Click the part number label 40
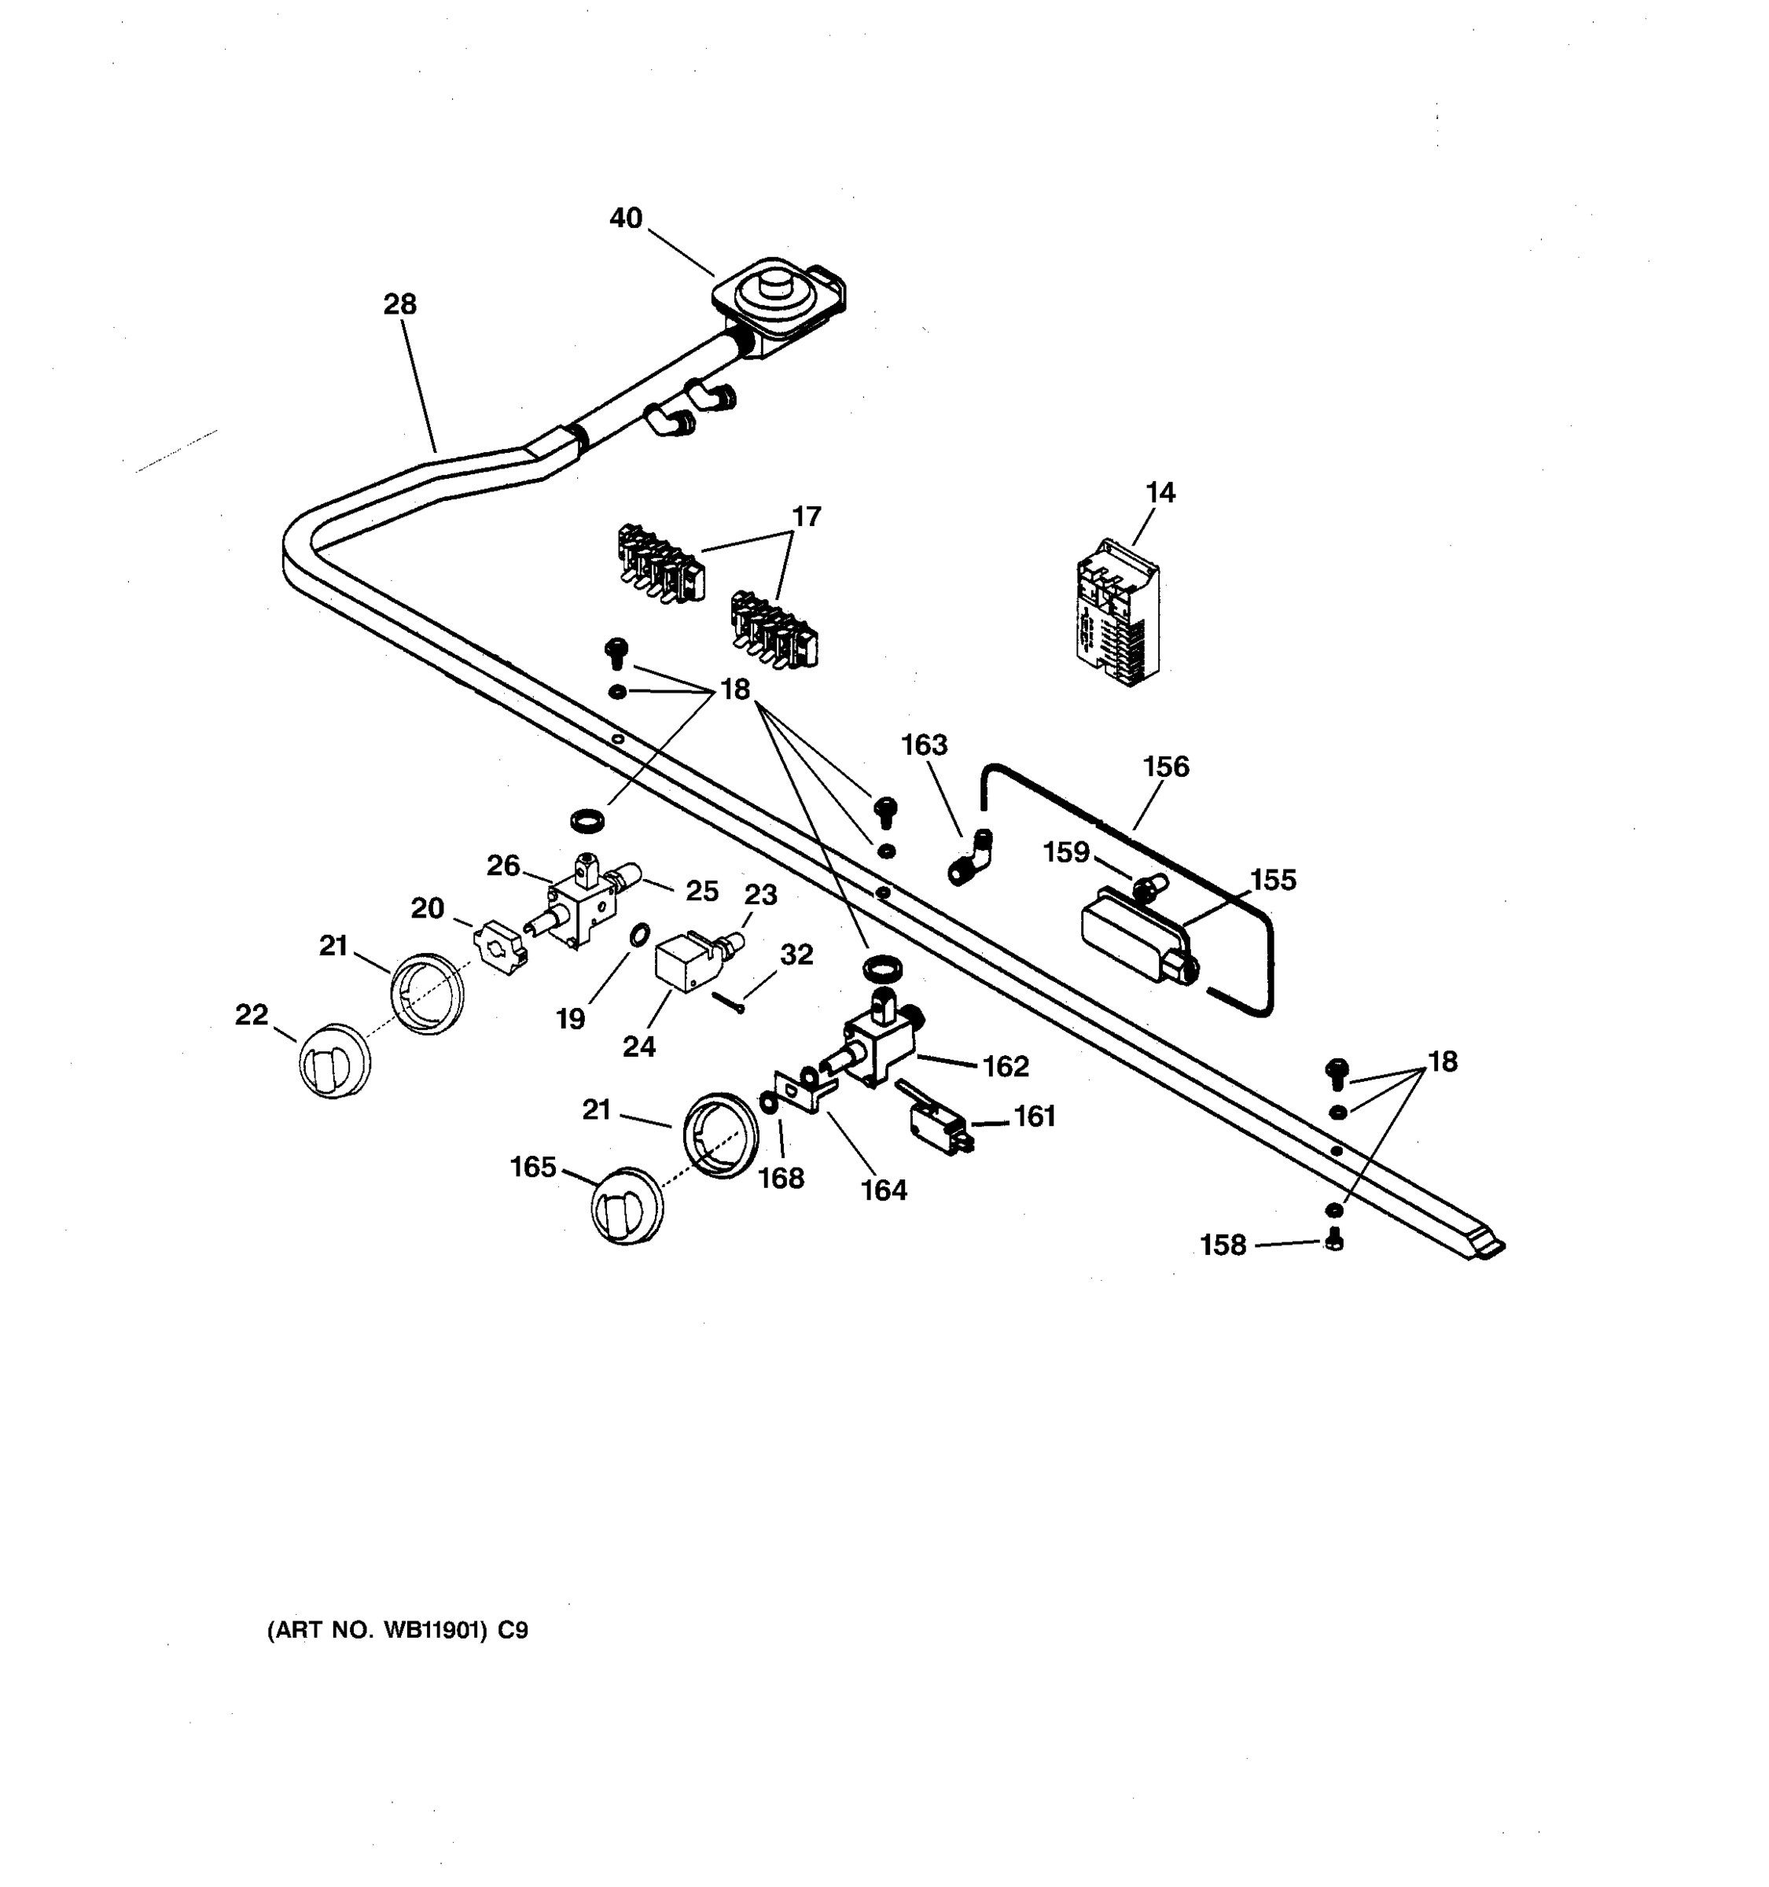click(625, 219)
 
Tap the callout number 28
click(399, 305)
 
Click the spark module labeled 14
click(1118, 615)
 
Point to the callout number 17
click(806, 517)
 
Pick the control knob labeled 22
click(334, 1061)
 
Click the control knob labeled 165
click(627, 1205)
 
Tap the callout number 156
click(1165, 767)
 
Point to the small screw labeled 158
click(1333, 1240)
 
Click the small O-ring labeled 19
click(641, 935)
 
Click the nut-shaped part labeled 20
click(499, 947)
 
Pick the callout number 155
click(1273, 881)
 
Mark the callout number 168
click(781, 1178)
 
